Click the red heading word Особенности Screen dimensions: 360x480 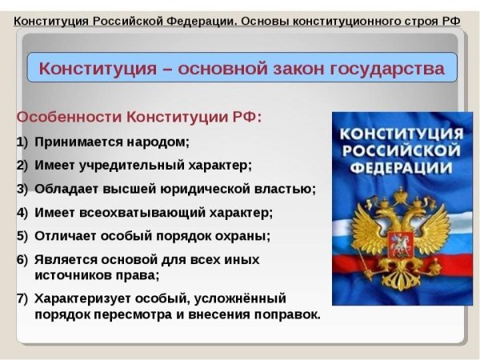(x=67, y=117)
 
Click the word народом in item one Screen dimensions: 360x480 (x=162, y=142)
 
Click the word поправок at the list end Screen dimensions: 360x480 (x=285, y=314)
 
